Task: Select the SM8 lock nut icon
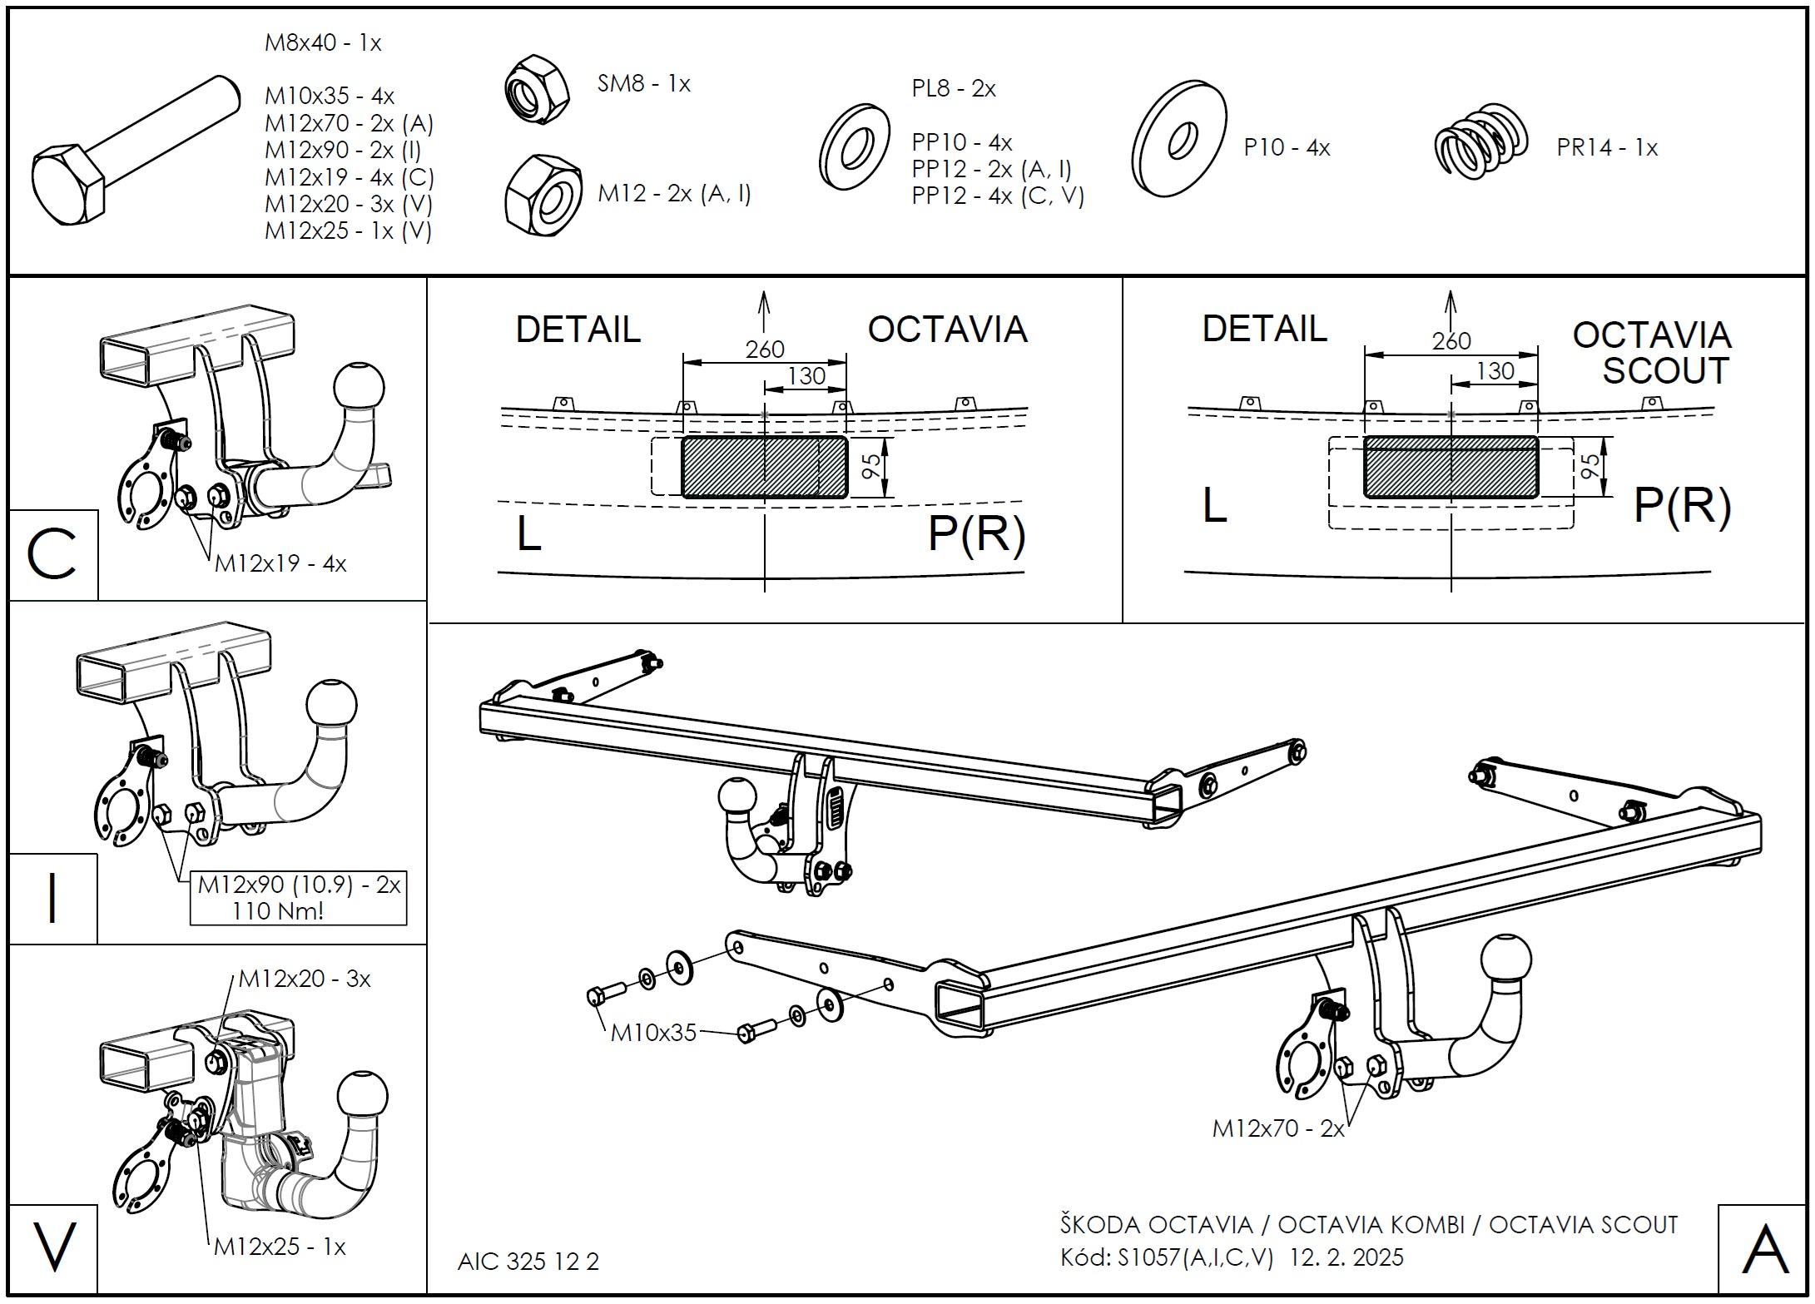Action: tap(537, 90)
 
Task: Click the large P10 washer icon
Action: tap(1179, 139)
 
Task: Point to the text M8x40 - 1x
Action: tap(323, 43)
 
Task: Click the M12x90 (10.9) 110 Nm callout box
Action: tap(298, 897)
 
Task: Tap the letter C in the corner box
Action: tap(52, 554)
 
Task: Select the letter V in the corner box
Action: tap(52, 1247)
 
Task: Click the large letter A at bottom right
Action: tap(1765, 1249)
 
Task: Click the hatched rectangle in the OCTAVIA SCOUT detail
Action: tap(1451, 467)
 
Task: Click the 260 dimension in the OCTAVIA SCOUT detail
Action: tap(1451, 340)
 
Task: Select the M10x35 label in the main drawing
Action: tap(653, 1033)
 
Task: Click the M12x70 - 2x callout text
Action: tap(1278, 1128)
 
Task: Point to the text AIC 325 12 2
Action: tap(528, 1262)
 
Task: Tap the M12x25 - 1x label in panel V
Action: tap(280, 1247)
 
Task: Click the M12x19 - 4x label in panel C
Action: tap(280, 563)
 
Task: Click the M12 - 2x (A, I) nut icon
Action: tap(543, 196)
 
